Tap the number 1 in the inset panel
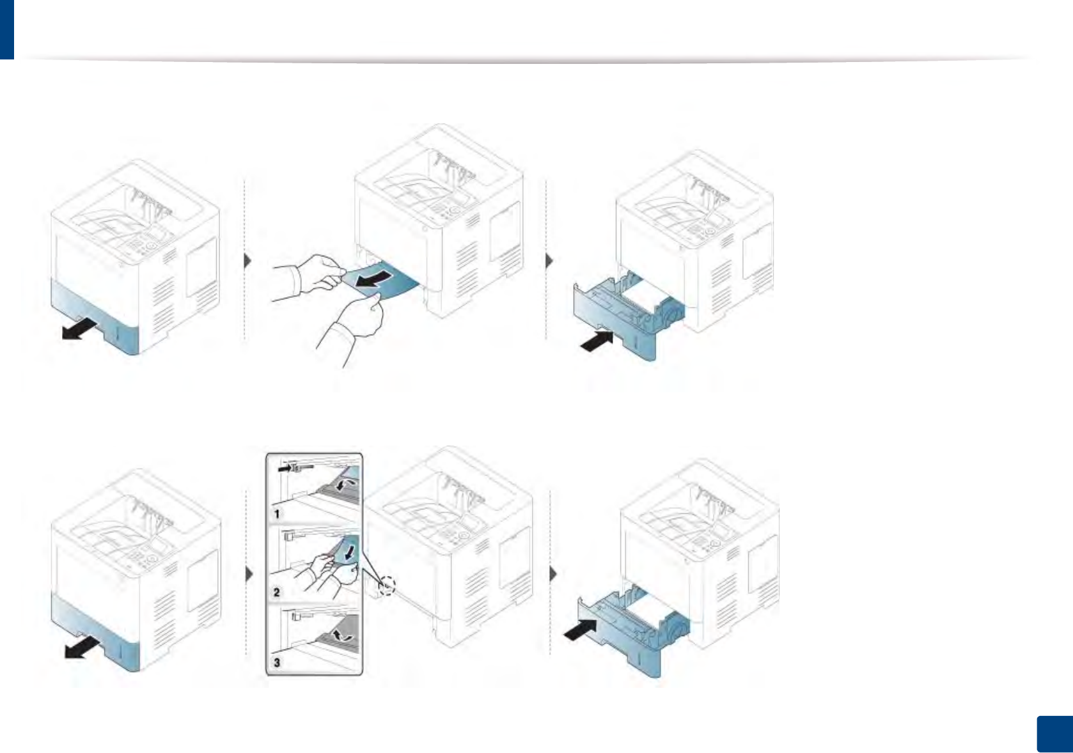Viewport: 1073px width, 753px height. [277, 513]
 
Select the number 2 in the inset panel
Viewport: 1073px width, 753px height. [277, 592]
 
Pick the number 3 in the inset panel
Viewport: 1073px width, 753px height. [277, 662]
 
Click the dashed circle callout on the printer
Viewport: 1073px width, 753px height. [386, 586]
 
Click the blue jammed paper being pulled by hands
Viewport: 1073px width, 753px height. [390, 281]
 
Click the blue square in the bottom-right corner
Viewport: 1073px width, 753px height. [1054, 734]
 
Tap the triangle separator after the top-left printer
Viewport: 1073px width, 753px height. [247, 261]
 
